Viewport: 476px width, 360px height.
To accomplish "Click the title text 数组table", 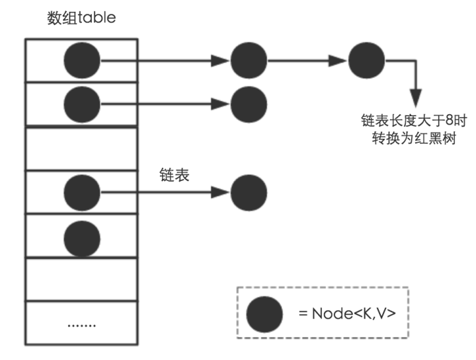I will click(81, 18).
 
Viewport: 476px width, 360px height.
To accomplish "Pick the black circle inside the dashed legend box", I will click(265, 314).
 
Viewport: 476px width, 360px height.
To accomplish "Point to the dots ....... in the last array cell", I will click(81, 324).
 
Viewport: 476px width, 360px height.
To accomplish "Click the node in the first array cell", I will click(82, 61).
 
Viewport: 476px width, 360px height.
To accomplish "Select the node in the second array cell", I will click(82, 103).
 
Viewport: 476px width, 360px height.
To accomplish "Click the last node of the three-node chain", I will click(366, 61).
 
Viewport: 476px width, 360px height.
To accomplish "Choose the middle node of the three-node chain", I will click(249, 61).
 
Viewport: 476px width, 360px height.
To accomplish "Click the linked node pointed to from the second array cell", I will click(249, 103).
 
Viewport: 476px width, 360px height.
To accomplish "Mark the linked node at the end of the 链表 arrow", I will click(249, 192).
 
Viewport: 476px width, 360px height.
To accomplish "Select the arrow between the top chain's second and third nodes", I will click(307, 61).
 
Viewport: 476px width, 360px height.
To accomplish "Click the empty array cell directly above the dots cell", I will click(81, 279).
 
